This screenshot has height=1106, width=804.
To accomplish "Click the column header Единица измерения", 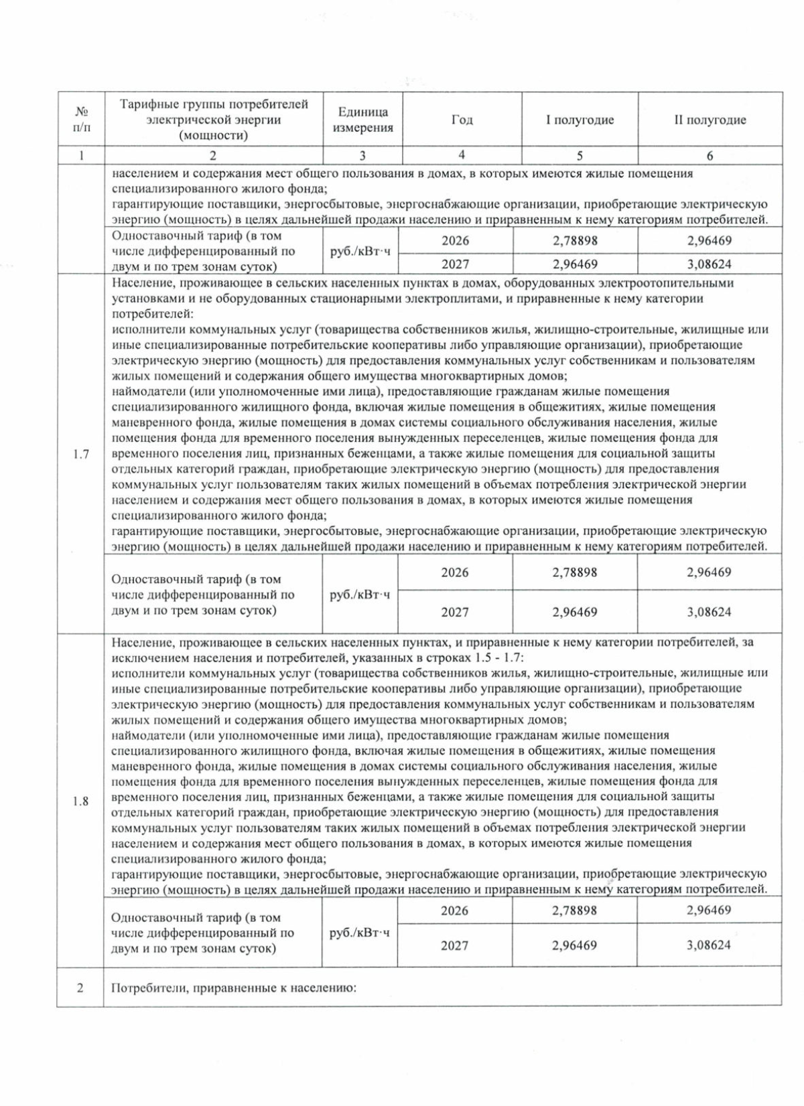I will pos(362,120).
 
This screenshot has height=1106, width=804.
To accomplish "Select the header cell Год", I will pos(462,120).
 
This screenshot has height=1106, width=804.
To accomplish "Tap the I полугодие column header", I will pos(580,120).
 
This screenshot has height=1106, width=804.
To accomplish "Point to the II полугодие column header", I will pos(710,120).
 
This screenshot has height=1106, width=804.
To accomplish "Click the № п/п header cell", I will pos(80,120).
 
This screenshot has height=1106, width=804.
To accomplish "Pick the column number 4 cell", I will pos(462,155).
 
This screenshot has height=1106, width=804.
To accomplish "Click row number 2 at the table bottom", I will pos(80,987).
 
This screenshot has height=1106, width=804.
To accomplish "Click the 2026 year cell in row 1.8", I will pos(454,911).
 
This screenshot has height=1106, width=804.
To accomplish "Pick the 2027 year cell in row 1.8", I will pos(454,945).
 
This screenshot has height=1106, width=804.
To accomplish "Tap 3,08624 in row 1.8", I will pos(708,945).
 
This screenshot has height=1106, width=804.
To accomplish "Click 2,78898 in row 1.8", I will pos(574,911).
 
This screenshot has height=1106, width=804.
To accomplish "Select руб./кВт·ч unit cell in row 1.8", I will pos(360,933).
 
